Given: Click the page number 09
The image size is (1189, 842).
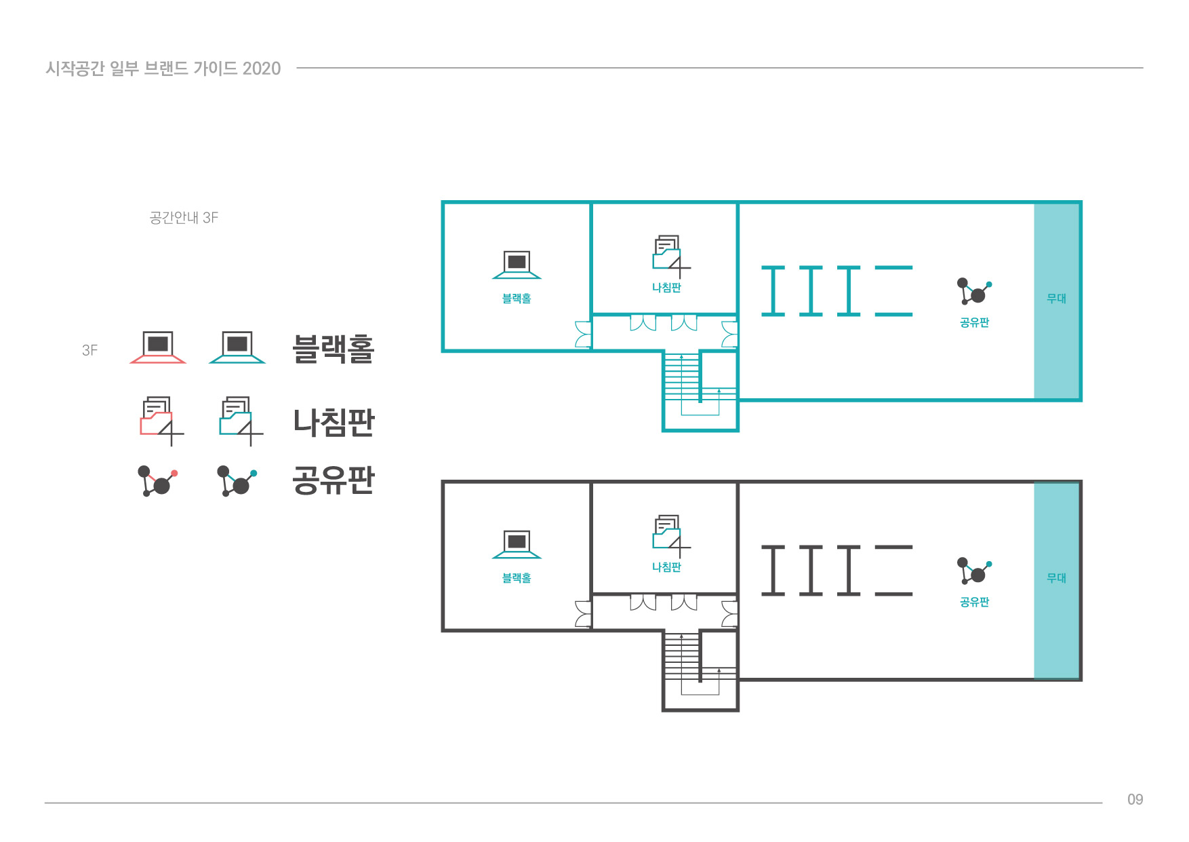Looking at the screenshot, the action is pyautogui.click(x=1135, y=799).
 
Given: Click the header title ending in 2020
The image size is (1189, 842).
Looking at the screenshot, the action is pyautogui.click(x=163, y=69).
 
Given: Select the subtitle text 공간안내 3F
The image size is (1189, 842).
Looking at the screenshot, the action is pyautogui.click(x=184, y=218).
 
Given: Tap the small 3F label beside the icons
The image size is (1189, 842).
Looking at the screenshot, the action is pyautogui.click(x=89, y=350).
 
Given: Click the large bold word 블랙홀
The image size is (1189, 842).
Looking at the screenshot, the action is pyautogui.click(x=333, y=349).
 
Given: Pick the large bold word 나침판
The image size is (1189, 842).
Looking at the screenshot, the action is pyautogui.click(x=333, y=422).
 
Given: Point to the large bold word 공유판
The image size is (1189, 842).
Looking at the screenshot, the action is pyautogui.click(x=333, y=480).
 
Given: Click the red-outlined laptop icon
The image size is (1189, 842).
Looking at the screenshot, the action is pyautogui.click(x=158, y=347).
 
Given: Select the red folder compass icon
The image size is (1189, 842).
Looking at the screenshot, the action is pyautogui.click(x=161, y=421).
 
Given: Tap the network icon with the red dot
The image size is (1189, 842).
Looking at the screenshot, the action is pyautogui.click(x=157, y=480).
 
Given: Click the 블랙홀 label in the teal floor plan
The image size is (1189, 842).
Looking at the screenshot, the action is pyautogui.click(x=517, y=299).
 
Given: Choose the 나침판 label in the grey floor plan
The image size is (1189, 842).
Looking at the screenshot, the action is pyautogui.click(x=666, y=567).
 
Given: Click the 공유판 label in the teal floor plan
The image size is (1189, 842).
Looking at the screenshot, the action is pyautogui.click(x=974, y=323).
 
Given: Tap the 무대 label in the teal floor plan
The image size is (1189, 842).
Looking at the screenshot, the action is pyautogui.click(x=1056, y=299).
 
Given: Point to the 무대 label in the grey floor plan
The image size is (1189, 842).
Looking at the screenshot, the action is pyautogui.click(x=1056, y=578).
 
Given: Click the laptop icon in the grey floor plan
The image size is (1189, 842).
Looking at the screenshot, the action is pyautogui.click(x=517, y=544).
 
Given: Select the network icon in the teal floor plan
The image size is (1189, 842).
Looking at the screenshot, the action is pyautogui.click(x=974, y=291).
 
